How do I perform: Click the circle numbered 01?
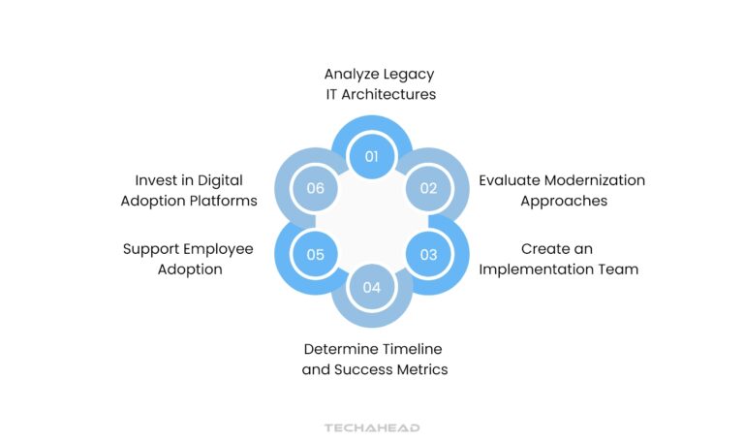click(372, 156)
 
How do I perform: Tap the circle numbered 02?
click(428, 189)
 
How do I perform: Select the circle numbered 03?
click(428, 255)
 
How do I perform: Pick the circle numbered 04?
click(372, 288)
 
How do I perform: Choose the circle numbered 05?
click(315, 255)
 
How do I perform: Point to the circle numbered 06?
click(315, 189)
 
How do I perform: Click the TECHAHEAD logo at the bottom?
click(372, 427)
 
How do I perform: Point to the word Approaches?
click(564, 201)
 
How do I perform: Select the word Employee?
click(214, 249)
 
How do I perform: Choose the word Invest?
click(155, 180)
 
